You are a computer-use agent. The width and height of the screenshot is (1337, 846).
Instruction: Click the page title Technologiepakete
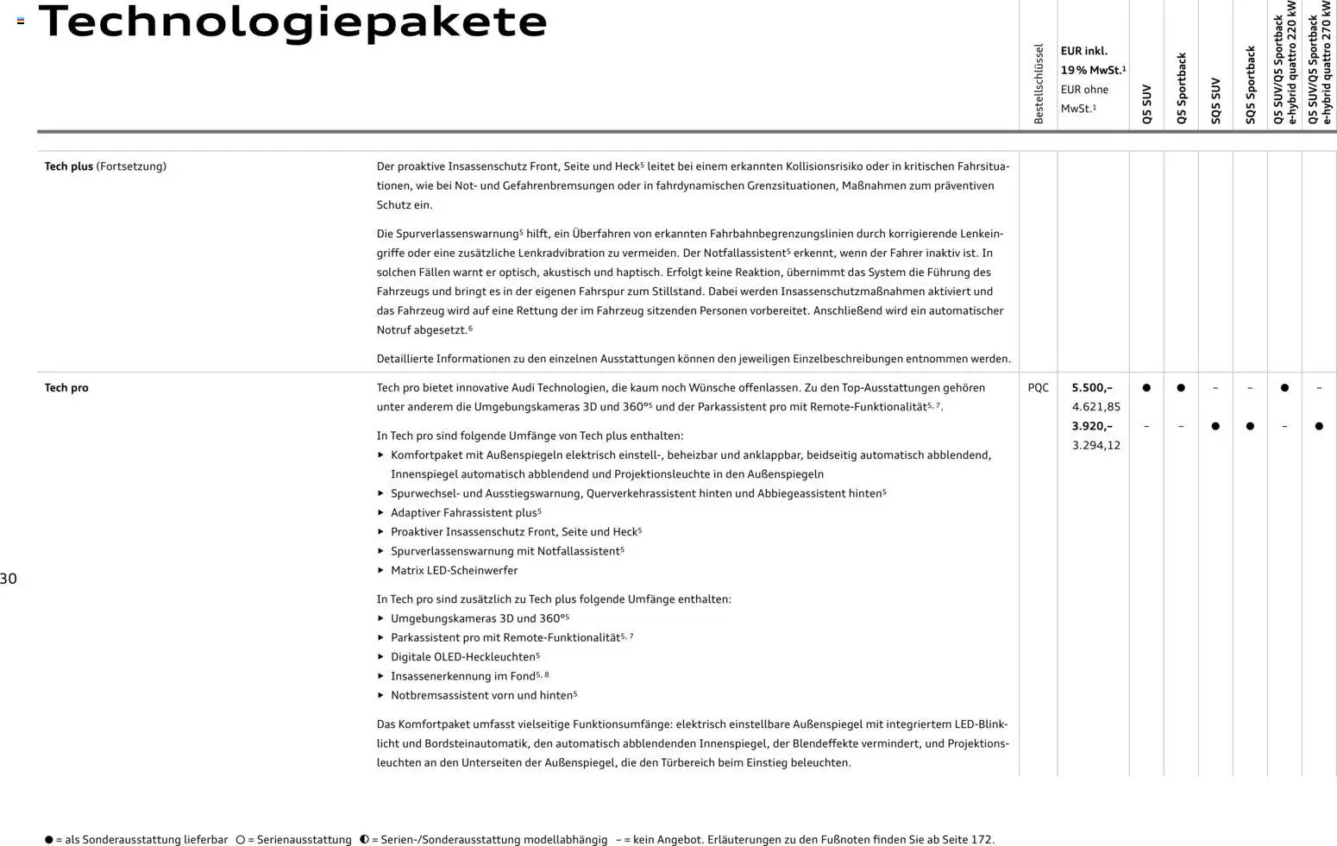click(292, 22)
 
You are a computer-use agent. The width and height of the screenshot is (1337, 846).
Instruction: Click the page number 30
click(9, 579)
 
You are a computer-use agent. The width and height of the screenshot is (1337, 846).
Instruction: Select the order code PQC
click(1039, 388)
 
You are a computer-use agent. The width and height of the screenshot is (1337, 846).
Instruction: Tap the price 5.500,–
click(1092, 388)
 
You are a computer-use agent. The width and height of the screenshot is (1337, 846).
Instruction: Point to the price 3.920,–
click(1092, 426)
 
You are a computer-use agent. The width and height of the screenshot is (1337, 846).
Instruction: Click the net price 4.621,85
click(1095, 407)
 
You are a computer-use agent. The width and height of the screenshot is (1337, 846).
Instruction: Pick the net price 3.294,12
click(1095, 445)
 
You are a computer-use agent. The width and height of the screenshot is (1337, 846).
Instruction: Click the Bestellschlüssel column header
click(1039, 84)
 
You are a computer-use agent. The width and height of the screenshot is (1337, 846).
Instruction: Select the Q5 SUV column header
click(1146, 104)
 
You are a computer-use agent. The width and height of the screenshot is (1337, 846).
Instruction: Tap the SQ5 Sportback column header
click(1250, 85)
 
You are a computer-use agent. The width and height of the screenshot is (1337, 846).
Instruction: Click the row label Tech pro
click(66, 388)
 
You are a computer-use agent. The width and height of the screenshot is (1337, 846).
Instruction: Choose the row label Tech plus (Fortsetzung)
click(105, 166)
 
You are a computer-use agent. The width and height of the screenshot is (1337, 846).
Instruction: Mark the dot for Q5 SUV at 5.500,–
click(1146, 388)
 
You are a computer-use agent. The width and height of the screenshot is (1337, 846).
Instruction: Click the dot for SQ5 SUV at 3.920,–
click(1215, 426)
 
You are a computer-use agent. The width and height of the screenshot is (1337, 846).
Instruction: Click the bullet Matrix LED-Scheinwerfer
click(454, 570)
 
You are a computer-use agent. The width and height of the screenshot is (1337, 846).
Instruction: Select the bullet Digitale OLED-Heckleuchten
click(463, 657)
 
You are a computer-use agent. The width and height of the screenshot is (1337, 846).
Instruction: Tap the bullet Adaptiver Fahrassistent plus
click(464, 513)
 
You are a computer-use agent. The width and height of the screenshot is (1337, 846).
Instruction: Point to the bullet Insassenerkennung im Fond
click(463, 676)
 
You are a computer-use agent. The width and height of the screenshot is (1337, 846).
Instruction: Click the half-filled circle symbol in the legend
click(364, 839)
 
